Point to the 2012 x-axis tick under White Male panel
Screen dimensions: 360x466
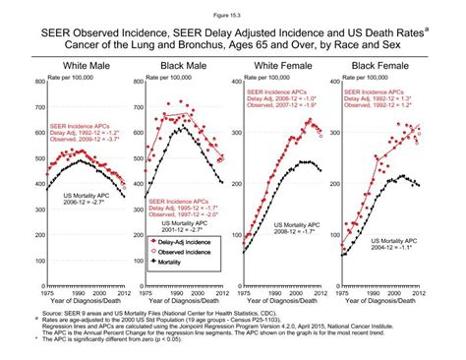pos(121,293)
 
